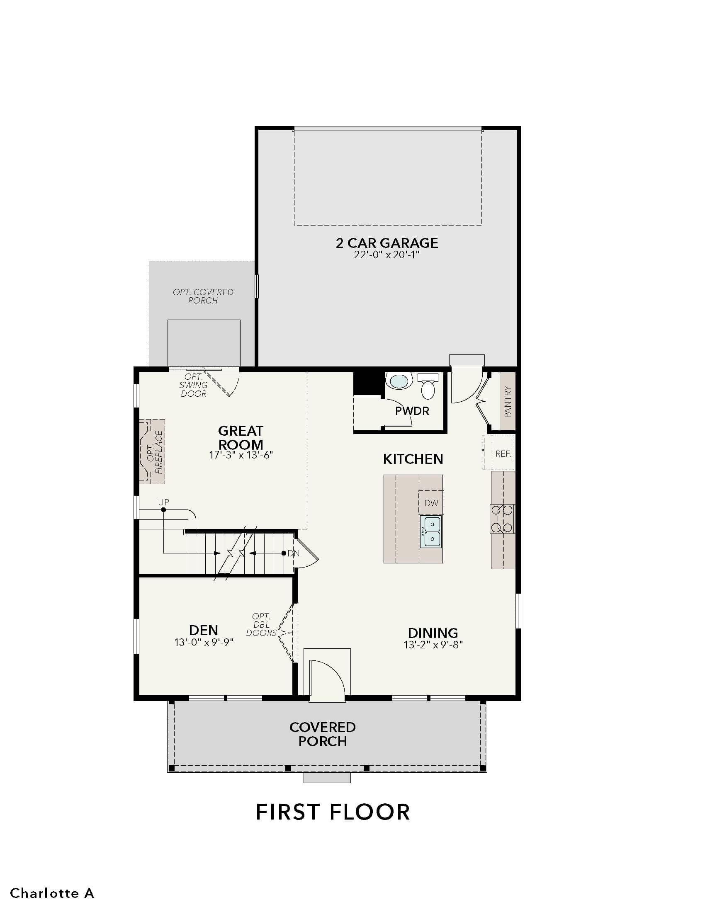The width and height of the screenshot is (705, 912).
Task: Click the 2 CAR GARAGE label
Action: tap(387, 243)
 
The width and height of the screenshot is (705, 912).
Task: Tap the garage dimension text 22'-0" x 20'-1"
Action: tap(387, 255)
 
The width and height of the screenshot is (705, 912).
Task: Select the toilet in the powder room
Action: tap(428, 386)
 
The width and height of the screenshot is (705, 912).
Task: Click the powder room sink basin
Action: tap(399, 382)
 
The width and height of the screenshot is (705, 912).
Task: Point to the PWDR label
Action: tap(412, 411)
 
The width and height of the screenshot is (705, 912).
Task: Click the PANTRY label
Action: tap(508, 402)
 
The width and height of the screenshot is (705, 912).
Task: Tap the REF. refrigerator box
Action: tap(498, 453)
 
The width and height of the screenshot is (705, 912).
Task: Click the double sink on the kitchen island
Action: tap(431, 531)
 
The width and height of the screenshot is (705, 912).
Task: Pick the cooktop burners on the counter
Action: tap(503, 519)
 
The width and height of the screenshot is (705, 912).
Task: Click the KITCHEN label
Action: tap(413, 459)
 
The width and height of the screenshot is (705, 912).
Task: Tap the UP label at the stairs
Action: tap(164, 502)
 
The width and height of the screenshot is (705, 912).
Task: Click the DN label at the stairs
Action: tap(294, 553)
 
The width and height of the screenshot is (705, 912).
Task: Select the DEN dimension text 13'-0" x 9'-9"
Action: tap(204, 642)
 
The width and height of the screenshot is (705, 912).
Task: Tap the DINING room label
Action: tap(433, 633)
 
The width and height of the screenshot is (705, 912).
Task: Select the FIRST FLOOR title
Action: tap(333, 812)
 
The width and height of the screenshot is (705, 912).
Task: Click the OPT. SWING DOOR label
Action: tap(193, 386)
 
